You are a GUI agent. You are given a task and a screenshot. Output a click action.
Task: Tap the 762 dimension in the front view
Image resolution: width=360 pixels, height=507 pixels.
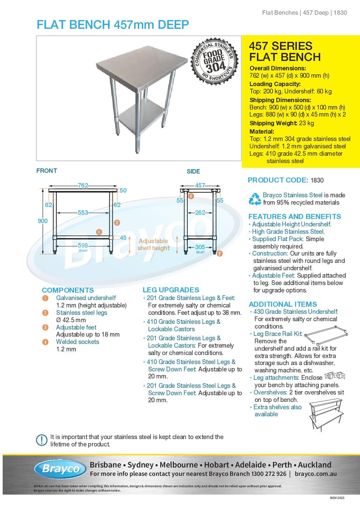click(x=83, y=186)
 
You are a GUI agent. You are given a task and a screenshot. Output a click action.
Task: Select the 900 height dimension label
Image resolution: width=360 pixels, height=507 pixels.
click(x=42, y=221)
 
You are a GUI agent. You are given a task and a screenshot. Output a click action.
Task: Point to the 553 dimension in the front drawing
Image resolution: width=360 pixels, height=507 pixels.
click(x=83, y=212)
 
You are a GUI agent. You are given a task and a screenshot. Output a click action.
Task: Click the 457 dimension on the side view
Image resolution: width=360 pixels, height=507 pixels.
click(x=200, y=185)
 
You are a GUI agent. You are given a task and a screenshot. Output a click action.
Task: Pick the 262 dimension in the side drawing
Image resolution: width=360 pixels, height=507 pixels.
click(x=200, y=212)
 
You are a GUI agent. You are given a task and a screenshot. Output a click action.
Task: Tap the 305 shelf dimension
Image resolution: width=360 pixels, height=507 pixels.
click(x=200, y=247)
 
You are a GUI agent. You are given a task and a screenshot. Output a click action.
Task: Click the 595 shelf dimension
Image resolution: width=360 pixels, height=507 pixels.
click(x=83, y=245)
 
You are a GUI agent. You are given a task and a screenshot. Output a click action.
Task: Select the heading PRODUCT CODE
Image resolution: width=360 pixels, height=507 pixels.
click(x=278, y=180)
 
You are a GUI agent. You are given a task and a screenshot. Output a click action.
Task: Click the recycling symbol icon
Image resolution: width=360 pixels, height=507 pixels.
click(x=255, y=199)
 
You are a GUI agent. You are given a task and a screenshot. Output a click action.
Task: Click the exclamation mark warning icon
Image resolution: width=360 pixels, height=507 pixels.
click(x=41, y=440)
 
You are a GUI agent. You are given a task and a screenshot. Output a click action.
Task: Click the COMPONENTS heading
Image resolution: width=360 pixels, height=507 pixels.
click(x=68, y=290)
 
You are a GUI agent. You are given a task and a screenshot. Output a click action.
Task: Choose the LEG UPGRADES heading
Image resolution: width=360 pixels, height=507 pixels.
click(x=171, y=290)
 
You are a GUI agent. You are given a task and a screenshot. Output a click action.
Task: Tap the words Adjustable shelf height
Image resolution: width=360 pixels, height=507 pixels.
click(x=153, y=244)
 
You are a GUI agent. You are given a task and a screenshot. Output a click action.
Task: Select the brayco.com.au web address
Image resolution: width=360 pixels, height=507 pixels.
click(x=316, y=474)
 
